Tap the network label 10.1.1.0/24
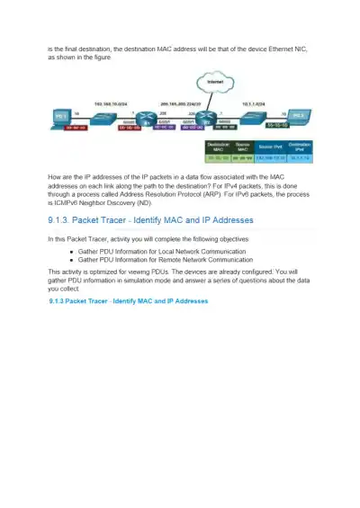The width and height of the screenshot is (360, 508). (x=253, y=102)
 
